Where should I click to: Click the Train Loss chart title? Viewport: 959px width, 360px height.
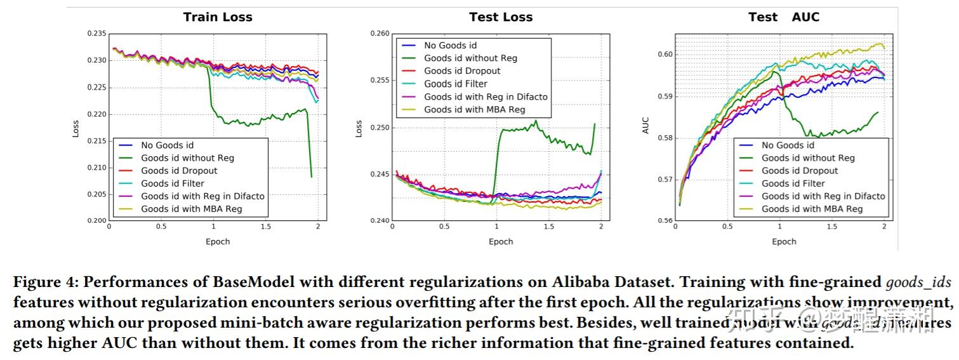click(218, 17)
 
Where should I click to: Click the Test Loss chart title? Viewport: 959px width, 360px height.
click(501, 17)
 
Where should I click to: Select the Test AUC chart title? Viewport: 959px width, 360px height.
click(784, 17)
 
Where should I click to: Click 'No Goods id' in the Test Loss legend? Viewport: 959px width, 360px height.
click(450, 45)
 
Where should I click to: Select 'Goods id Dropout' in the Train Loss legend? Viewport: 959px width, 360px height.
click(179, 171)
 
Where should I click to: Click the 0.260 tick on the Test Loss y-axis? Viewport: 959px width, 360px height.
click(380, 34)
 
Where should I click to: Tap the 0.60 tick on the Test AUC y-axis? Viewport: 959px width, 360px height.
click(665, 55)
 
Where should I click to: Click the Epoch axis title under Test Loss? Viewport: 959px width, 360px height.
click(501, 241)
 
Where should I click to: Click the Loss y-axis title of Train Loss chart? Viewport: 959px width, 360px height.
click(76, 128)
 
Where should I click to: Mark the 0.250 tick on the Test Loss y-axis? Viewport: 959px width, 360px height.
click(380, 128)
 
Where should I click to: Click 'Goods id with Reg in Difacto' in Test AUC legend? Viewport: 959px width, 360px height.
click(823, 196)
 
